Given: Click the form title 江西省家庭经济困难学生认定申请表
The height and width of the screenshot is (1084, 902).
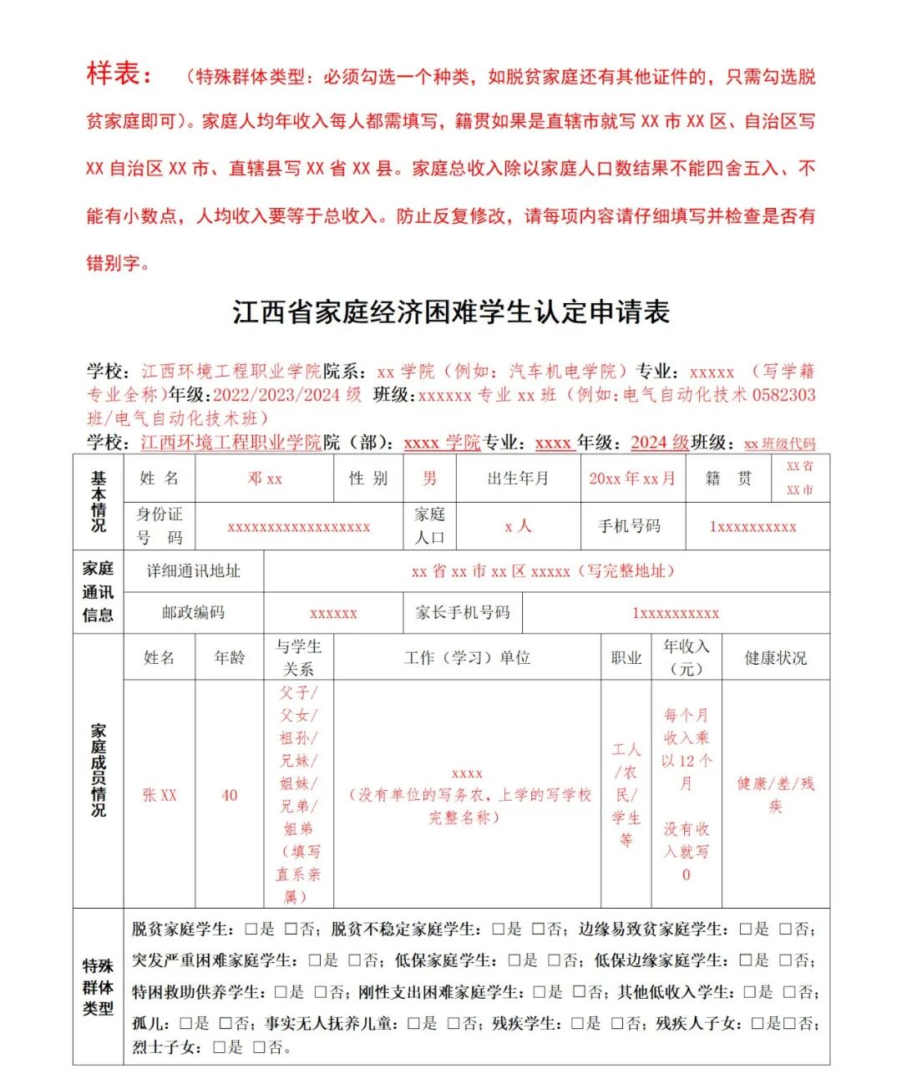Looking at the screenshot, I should click(451, 312).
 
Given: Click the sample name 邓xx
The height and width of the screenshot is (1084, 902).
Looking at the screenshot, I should click(265, 479).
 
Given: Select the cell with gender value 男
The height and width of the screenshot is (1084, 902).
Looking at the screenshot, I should click(429, 479).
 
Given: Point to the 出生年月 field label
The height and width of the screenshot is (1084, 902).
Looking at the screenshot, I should click(518, 479).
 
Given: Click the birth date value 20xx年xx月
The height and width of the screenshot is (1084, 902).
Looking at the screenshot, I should click(632, 479).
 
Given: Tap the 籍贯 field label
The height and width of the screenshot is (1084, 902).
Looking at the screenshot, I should click(728, 479).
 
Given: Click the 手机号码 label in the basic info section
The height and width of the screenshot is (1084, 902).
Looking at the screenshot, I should click(629, 526).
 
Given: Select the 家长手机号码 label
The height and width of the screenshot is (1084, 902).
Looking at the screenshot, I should click(463, 612).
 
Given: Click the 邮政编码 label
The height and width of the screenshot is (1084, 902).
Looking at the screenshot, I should click(193, 612).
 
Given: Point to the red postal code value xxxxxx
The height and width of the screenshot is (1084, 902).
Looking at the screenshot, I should click(333, 613).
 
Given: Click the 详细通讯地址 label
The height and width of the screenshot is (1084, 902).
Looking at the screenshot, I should click(193, 571).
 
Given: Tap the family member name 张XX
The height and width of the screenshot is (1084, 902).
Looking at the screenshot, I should click(160, 795).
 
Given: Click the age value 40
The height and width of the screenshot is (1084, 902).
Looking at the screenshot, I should click(230, 795).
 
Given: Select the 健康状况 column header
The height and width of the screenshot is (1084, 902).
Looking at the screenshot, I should click(775, 658).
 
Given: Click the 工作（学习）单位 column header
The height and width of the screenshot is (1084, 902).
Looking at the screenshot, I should click(467, 658).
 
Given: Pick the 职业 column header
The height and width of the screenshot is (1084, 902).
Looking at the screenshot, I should click(626, 658).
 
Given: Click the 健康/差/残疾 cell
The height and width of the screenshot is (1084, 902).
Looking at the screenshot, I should click(775, 794).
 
